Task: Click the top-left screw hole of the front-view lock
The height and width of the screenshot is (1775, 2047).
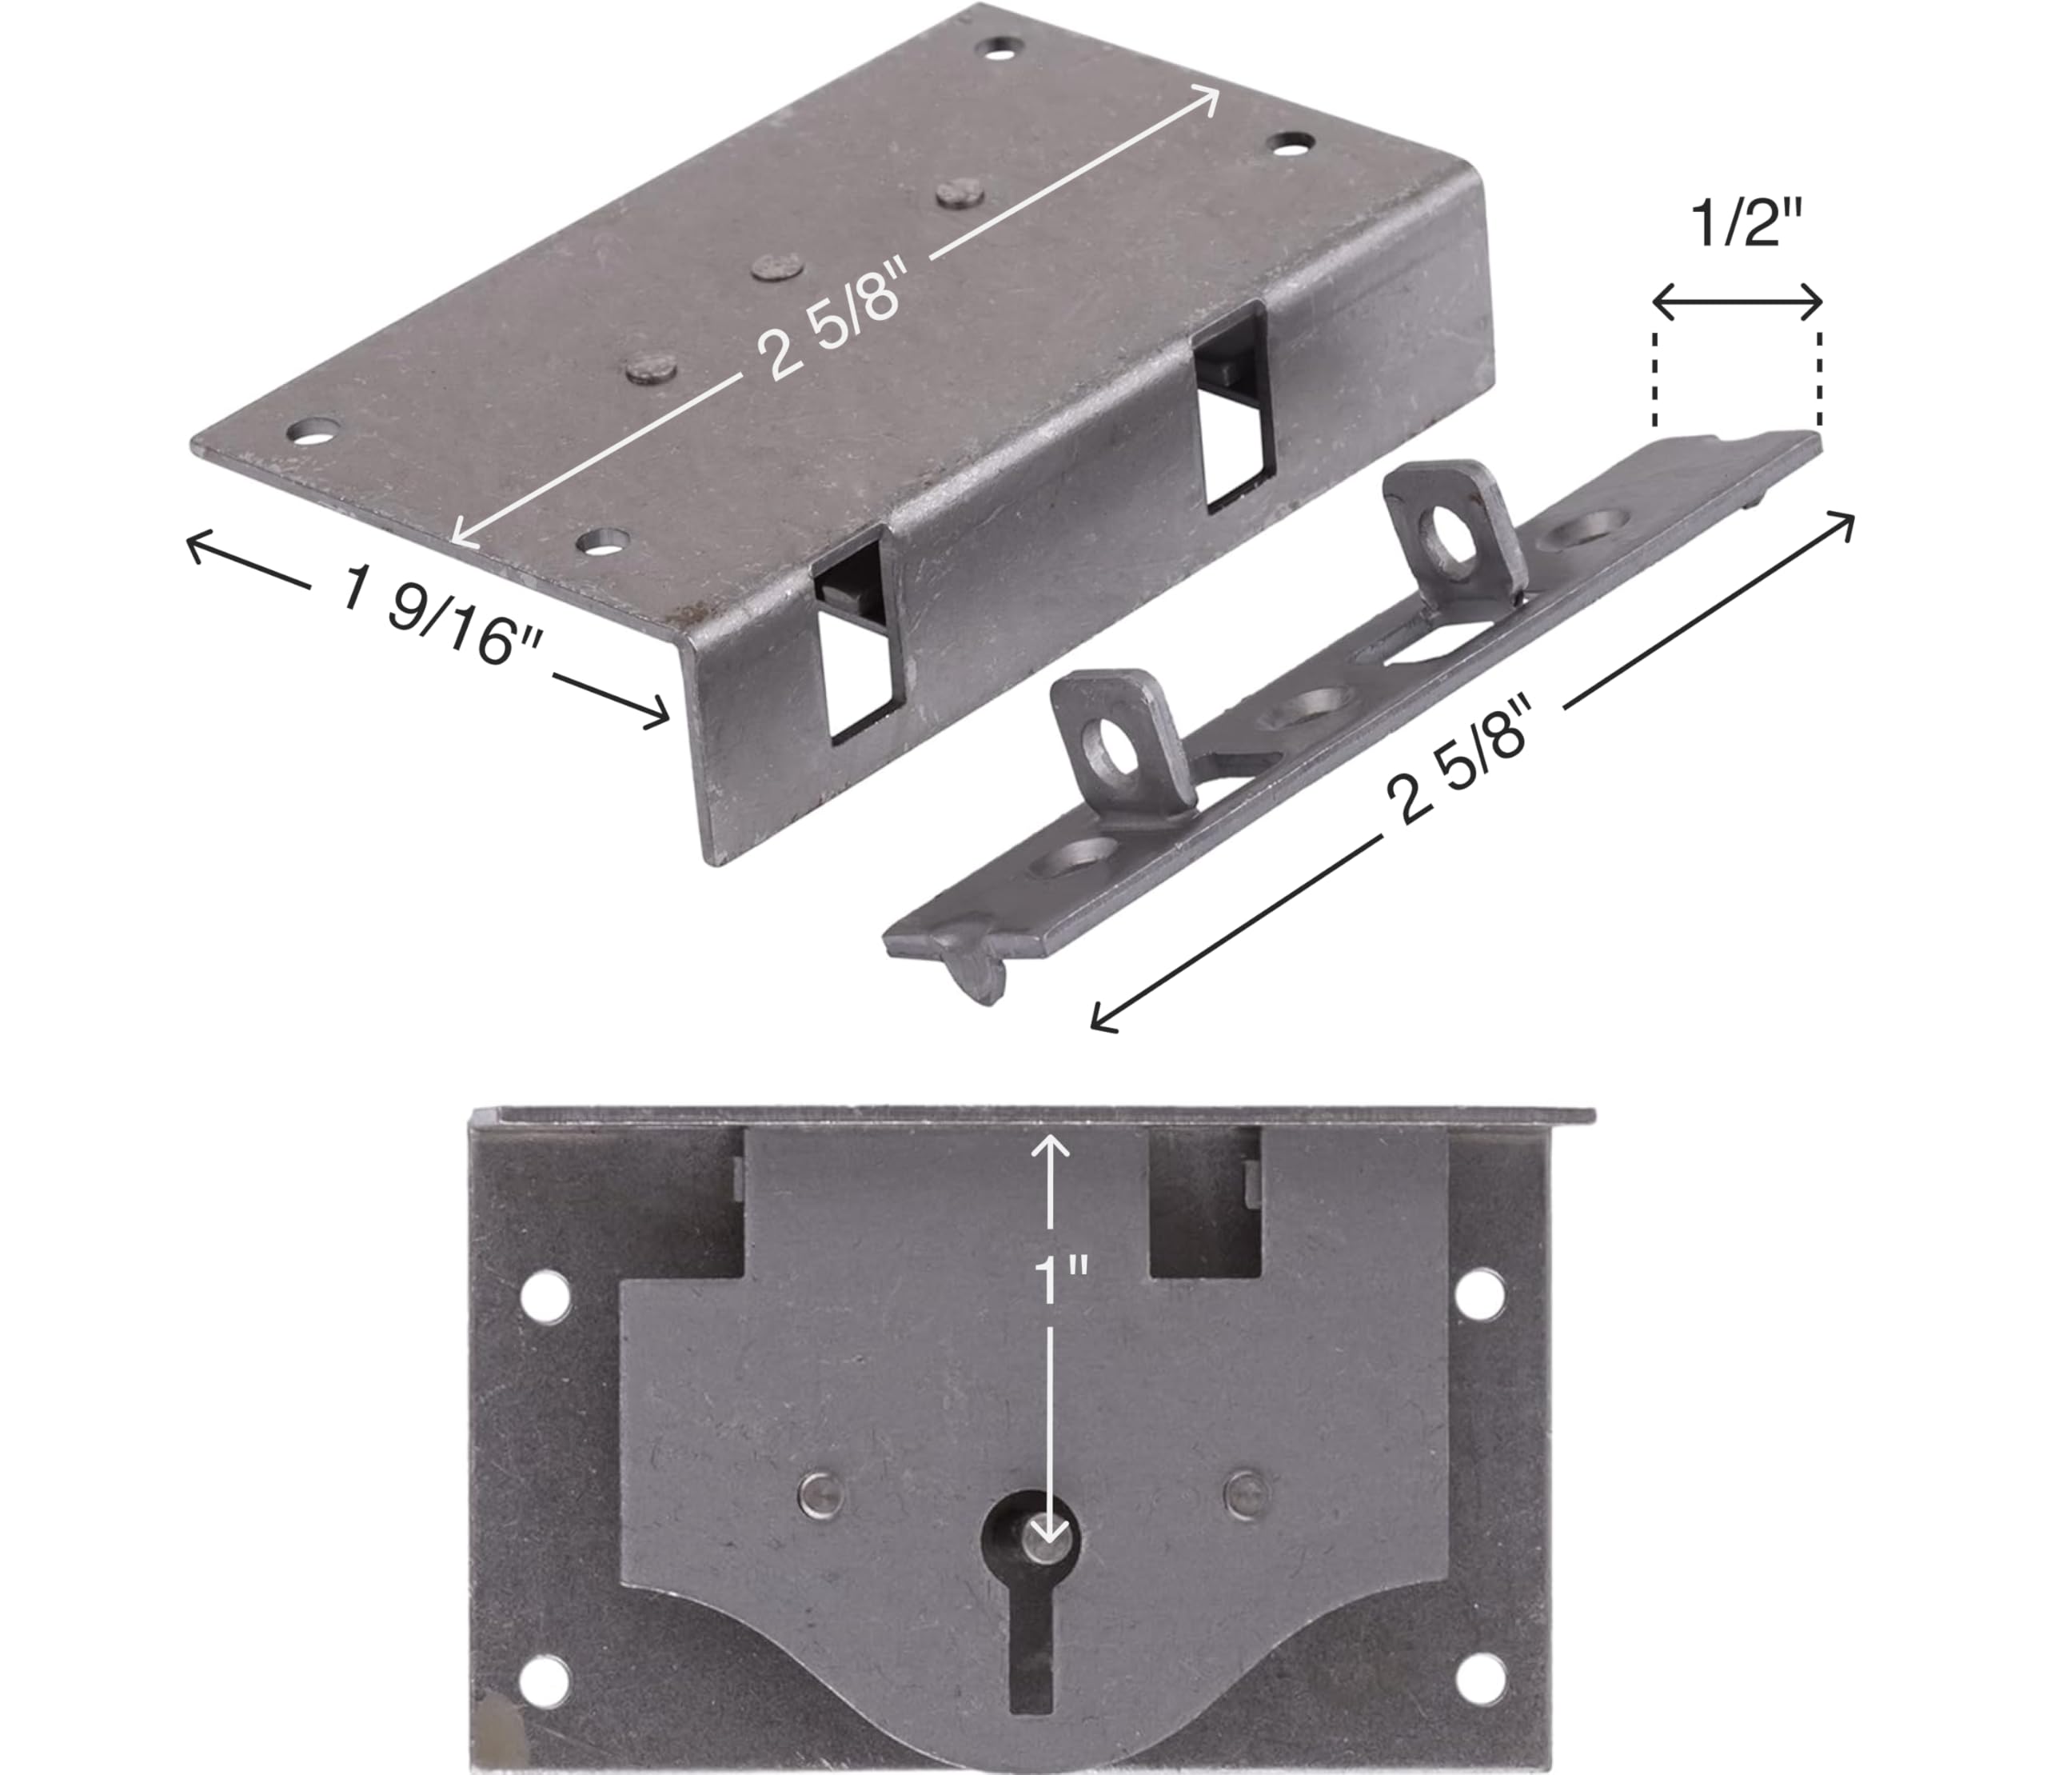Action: [547, 1297]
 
